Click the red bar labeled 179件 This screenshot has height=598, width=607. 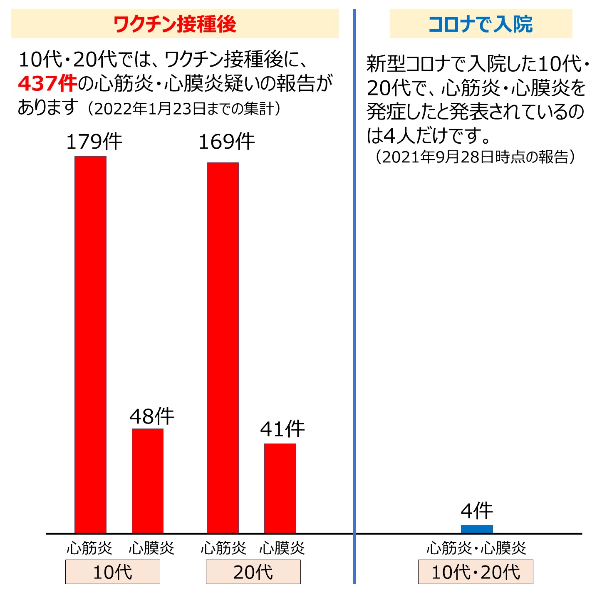[90, 344]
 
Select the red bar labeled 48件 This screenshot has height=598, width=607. [148, 481]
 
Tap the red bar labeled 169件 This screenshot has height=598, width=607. [223, 348]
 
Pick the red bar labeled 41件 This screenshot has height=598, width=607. [280, 488]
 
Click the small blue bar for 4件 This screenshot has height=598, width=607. [477, 529]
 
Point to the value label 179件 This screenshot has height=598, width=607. [94, 142]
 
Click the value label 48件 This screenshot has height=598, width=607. [152, 416]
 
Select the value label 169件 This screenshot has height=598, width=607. [226, 142]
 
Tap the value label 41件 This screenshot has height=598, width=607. [282, 429]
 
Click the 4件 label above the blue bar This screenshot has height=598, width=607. [477, 511]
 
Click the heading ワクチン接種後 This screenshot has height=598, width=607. [175, 24]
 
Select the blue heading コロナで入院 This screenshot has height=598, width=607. [481, 24]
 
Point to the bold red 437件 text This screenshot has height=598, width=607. [47, 84]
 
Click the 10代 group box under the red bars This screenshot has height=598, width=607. [112, 572]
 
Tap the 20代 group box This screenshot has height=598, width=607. [253, 572]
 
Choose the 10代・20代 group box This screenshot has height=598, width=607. [476, 572]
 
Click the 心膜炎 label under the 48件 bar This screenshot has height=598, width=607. [151, 548]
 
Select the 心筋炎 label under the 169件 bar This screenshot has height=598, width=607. [223, 548]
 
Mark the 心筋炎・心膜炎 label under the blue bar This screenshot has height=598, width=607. [476, 548]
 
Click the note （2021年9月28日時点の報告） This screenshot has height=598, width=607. [475, 157]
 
